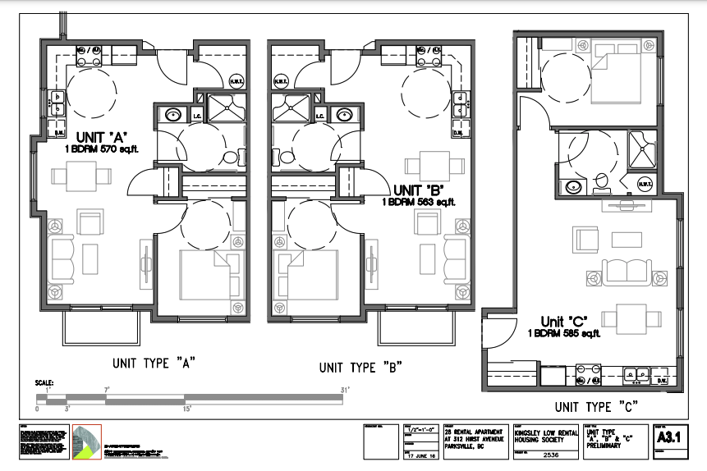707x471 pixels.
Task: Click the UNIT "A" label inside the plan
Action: point(101,137)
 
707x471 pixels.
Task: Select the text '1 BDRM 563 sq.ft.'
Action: point(418,201)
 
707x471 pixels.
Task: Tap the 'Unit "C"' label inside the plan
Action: point(565,321)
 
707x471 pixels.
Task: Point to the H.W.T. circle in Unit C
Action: point(644,186)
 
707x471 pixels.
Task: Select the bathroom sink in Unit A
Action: point(174,115)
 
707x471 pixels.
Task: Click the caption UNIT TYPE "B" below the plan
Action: point(359,368)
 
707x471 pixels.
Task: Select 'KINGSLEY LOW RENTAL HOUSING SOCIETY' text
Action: point(543,434)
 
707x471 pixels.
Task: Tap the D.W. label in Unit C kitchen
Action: point(662,380)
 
